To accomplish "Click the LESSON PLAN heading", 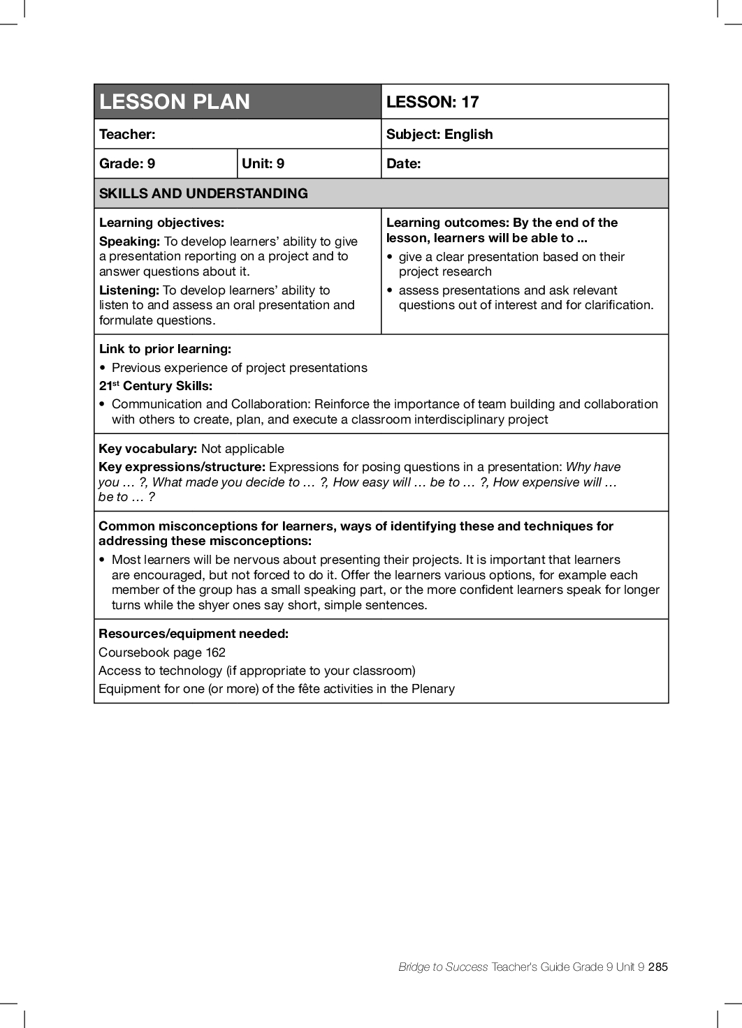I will [175, 102].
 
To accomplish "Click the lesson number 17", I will [470, 102].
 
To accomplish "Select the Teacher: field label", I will [127, 134].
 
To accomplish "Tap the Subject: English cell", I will [439, 134].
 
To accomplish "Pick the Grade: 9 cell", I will [127, 163].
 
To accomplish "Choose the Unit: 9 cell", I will [263, 163].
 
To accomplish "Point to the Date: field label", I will [403, 163].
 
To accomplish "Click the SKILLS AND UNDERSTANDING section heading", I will [203, 193].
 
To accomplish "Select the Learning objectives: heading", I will [161, 223].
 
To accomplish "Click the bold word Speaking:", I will [129, 241].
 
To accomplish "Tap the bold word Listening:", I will [129, 290].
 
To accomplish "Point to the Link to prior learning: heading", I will [165, 349].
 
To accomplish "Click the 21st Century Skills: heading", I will [156, 386].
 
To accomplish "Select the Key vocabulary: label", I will [147, 449].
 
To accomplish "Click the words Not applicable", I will [242, 449].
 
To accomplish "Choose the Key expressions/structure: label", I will [182, 467].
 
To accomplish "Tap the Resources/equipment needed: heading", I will [194, 634].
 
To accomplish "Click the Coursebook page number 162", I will [215, 653].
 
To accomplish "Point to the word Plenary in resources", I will [433, 689].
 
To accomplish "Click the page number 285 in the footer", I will [657, 967].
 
